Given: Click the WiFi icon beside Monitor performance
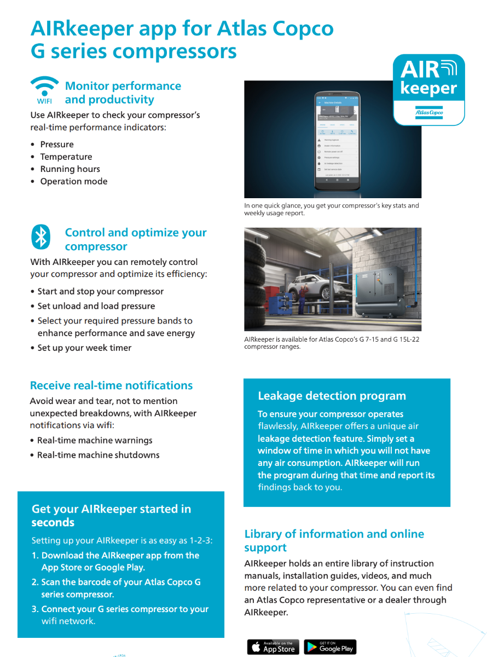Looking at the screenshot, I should tap(44, 89).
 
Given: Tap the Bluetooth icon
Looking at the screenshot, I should tap(40, 237).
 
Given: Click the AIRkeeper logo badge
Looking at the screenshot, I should tap(429, 89).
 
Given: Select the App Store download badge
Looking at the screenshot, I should tap(273, 647).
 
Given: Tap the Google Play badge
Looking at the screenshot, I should tap(330, 647).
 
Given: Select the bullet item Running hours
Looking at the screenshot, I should tap(70, 169).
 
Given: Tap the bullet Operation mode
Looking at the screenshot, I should tap(74, 181).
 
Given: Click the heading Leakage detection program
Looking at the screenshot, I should tap(332, 396).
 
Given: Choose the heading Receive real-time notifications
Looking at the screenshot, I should tap(111, 385).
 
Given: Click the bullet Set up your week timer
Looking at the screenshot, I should tap(84, 348).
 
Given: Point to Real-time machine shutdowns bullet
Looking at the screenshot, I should tap(98, 455).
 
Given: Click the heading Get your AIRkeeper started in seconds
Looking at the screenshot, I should tap(111, 515).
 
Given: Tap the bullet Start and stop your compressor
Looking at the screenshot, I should tap(100, 291).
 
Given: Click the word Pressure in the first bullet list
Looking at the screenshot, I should tap(57, 145).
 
